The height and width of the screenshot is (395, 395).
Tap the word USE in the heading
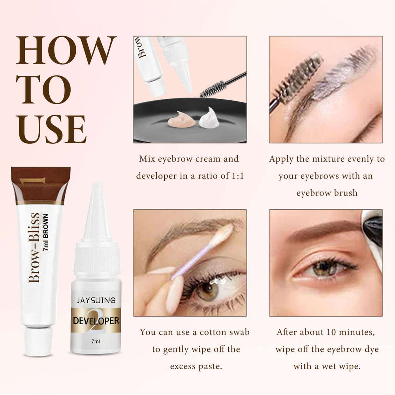tap(51, 129)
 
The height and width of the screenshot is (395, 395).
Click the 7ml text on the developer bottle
tap(96, 340)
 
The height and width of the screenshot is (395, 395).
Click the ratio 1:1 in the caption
tap(235, 175)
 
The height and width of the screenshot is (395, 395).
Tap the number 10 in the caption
tap(326, 332)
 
